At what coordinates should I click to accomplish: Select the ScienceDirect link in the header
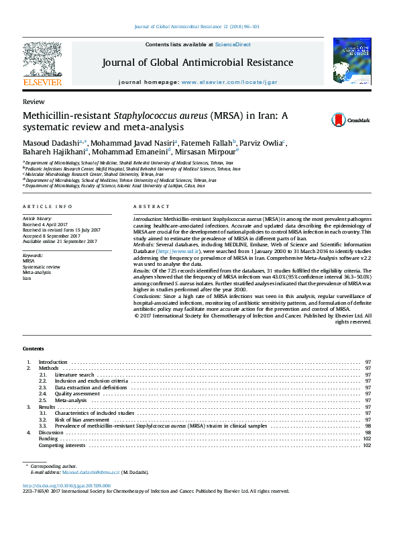pos(233,44)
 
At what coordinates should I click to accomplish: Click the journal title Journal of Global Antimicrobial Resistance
pos(197,62)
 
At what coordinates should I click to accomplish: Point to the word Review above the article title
pos(34,101)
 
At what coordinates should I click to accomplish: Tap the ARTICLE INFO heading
pos(48,207)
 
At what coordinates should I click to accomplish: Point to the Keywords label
pos(33,256)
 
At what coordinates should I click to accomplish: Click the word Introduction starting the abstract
pos(148,220)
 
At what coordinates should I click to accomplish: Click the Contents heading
pos(34,349)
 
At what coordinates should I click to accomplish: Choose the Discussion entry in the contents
pos(51,432)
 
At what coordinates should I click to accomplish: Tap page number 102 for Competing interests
pos(367,445)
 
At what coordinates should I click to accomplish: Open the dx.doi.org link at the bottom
pos(66,485)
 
